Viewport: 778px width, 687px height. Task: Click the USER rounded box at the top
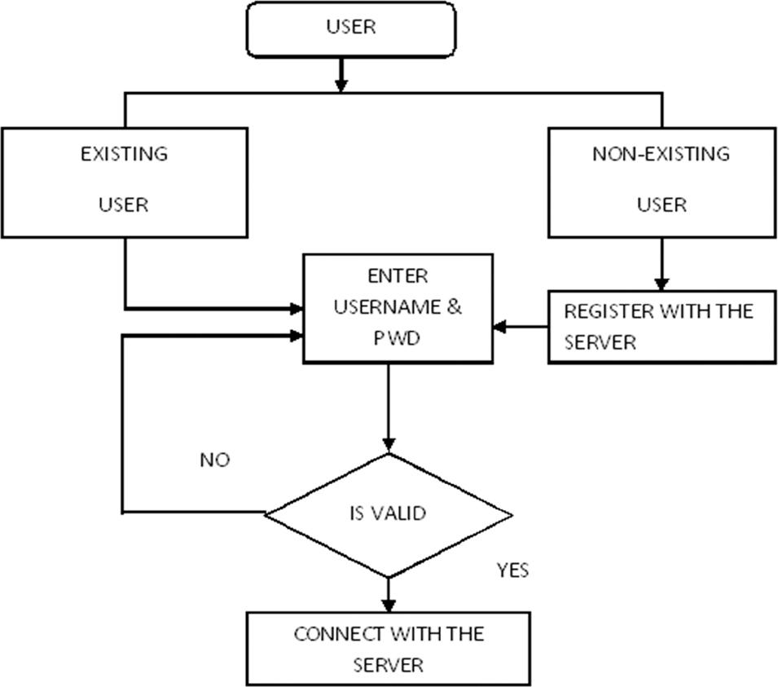[350, 29]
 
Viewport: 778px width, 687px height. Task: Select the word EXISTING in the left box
[124, 153]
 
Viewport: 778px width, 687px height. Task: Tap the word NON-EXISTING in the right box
[661, 153]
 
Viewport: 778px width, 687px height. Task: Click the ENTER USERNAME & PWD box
[398, 308]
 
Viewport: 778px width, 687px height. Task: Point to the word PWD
[397, 337]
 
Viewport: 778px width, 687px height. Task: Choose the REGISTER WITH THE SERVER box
[661, 327]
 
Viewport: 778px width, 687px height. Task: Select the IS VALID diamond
[388, 514]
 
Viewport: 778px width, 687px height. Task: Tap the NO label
[214, 460]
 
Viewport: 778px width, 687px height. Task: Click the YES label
[512, 570]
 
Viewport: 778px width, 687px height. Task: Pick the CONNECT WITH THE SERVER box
[388, 649]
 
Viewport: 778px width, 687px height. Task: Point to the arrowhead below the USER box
[341, 84]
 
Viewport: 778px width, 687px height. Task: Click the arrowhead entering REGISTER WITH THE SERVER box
[661, 283]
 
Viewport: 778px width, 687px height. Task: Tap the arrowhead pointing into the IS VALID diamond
[388, 445]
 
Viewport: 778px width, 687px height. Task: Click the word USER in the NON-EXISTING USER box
[661, 205]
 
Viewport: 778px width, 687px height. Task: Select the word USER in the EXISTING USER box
[124, 205]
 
